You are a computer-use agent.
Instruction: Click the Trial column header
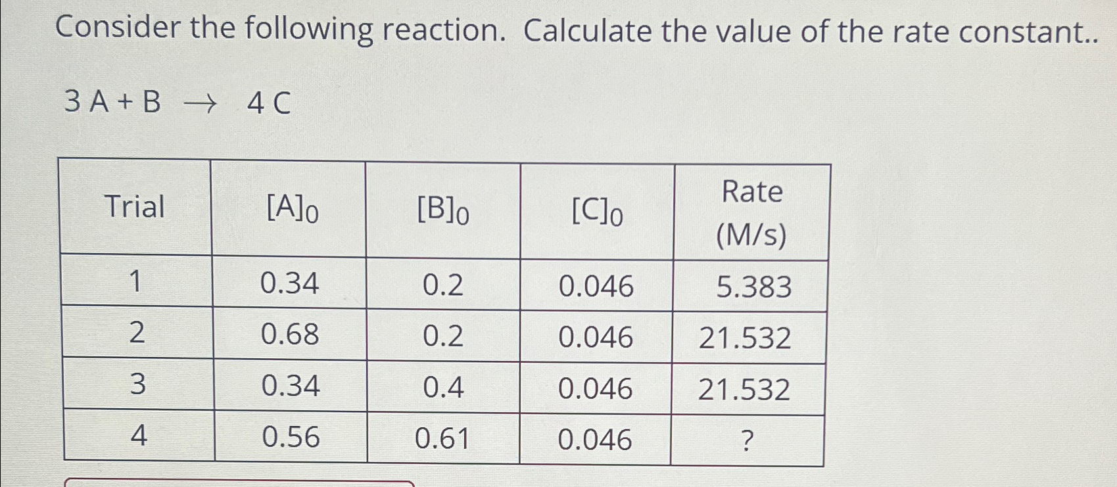coord(135,207)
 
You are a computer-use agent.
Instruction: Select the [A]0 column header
coord(292,210)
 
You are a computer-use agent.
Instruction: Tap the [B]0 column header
coord(443,210)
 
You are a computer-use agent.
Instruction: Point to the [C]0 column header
coord(597,212)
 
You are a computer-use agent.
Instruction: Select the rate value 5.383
coord(753,287)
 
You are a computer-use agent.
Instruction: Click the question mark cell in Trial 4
coord(746,441)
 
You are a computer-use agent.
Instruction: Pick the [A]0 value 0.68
coord(290,335)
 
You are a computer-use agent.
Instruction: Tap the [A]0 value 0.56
coord(291,437)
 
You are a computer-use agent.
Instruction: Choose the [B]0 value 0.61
coord(442,438)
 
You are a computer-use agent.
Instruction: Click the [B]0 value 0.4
coord(443,387)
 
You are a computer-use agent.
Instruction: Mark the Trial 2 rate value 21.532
coord(745,338)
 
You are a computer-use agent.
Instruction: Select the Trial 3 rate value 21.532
coord(744,390)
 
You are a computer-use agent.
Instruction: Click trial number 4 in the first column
coord(138,435)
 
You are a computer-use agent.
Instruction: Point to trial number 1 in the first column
coord(135,282)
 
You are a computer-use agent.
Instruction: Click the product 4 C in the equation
coord(268,104)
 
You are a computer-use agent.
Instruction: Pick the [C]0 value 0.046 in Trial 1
coord(596,287)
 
